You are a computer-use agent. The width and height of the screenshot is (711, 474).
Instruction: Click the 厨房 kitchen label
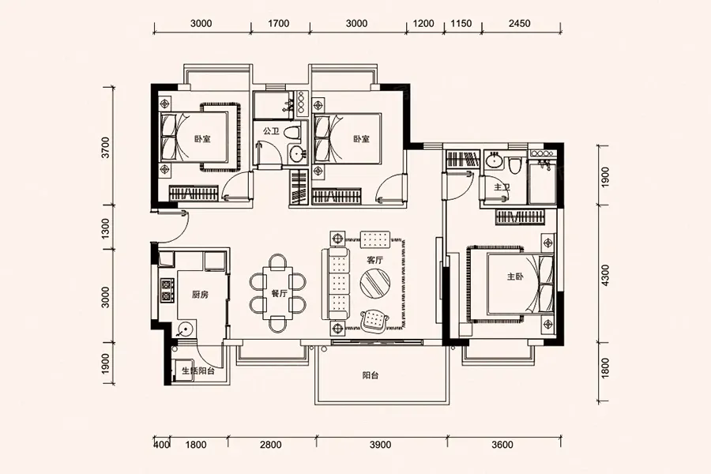[x=200, y=295]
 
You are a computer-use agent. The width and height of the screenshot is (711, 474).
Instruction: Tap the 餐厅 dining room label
[x=280, y=293]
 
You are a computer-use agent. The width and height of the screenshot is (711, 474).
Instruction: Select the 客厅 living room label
[x=375, y=261]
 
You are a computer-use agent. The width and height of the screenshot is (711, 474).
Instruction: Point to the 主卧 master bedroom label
[x=515, y=276]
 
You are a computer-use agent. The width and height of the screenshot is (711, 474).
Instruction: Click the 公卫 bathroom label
[x=271, y=131]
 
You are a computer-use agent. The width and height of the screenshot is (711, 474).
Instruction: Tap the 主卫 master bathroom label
[x=502, y=187]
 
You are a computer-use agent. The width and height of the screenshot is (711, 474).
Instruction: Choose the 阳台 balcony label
[x=371, y=375]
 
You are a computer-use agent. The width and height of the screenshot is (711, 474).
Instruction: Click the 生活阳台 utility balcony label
[x=198, y=371]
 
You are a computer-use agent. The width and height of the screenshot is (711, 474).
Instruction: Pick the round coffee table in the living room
[x=375, y=284]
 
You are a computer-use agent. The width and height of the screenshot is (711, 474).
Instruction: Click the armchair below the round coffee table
[x=375, y=319]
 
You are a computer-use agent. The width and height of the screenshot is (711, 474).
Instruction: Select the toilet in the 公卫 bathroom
[x=292, y=133]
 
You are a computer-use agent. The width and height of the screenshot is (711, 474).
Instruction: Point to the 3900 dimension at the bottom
[x=381, y=445]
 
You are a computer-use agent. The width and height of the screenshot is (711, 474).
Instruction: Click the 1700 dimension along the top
[x=278, y=24]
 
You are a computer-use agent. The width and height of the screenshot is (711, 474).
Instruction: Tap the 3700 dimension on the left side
[x=105, y=148]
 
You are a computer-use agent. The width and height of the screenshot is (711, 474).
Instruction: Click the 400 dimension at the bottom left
[x=162, y=445]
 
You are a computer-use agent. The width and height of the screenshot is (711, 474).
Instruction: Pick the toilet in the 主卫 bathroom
[x=514, y=166]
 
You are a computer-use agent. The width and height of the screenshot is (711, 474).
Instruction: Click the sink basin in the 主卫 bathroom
[x=493, y=160]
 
